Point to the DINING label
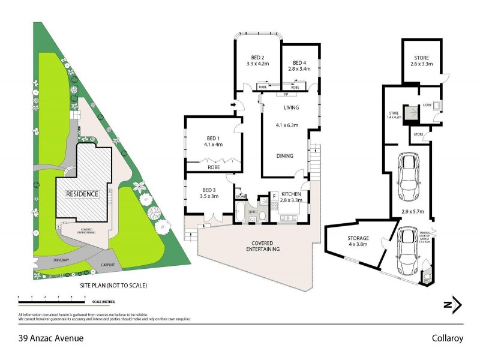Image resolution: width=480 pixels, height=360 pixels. coord(285,156)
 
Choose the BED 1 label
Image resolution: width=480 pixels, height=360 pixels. coord(213,137)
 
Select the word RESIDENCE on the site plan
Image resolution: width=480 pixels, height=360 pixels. coord(82,194)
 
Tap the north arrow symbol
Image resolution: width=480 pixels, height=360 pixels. coord(453,305)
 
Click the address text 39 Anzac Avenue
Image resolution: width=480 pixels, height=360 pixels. coord(51,338)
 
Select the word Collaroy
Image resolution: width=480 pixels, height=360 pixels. coord(448,338)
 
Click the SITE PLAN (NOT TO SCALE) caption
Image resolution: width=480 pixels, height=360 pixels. coord(113,286)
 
